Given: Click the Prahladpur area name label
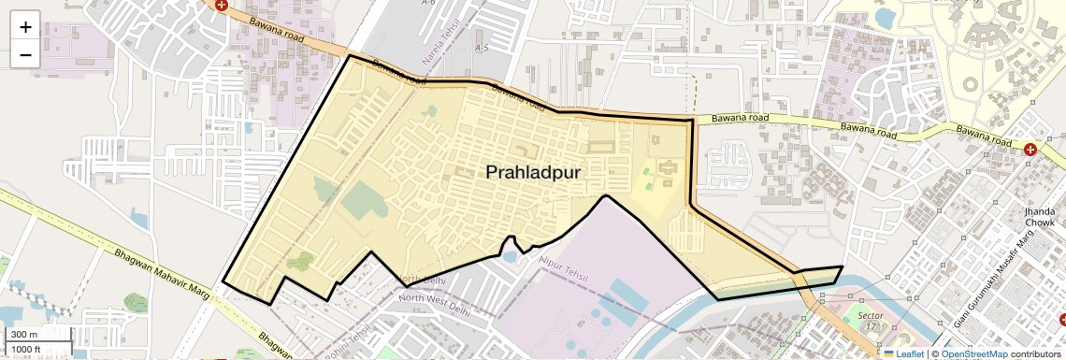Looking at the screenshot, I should point(533,172).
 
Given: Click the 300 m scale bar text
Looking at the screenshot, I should point(24,335).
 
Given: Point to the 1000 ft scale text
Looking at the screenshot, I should point(27,349).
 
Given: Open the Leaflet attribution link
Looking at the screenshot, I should point(903,353).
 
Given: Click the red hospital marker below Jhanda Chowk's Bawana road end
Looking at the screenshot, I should point(1030,150).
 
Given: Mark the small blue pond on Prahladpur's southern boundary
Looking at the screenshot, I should point(510,254).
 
